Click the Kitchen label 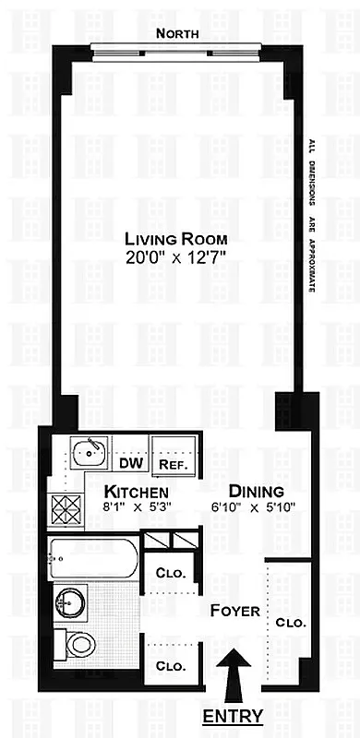(136, 491)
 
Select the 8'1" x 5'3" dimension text (136, 507)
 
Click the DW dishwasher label (130, 464)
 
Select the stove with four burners (67, 506)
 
